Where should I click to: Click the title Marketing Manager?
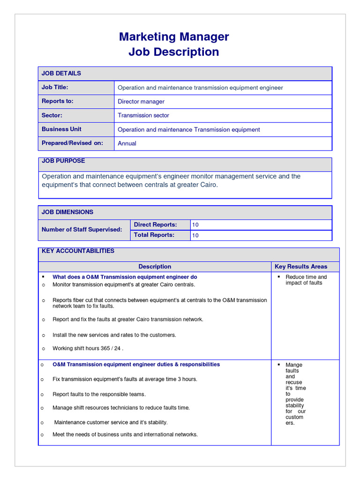coord(174,37)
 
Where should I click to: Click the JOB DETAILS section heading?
coord(61,73)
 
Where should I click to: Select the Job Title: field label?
coord(55,87)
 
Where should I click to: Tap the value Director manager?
coord(141,102)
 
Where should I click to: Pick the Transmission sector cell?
coord(143,115)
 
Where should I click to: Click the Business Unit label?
coord(61,129)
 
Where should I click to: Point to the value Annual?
coord(127,143)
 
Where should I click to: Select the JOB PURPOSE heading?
coord(63,161)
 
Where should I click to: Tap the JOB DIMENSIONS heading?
coord(67,212)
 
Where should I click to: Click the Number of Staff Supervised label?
coord(82,230)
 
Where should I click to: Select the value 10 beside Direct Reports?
coord(195,225)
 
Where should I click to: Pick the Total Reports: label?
coord(154,235)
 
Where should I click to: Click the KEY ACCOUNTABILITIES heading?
coord(78,251)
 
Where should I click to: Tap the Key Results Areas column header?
coord(301,267)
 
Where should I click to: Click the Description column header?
coord(155,267)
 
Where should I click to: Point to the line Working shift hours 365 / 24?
coord(88,348)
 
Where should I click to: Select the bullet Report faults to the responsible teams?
coord(99,394)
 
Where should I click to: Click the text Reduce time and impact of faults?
coord(306,280)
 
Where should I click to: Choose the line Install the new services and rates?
coord(114,335)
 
